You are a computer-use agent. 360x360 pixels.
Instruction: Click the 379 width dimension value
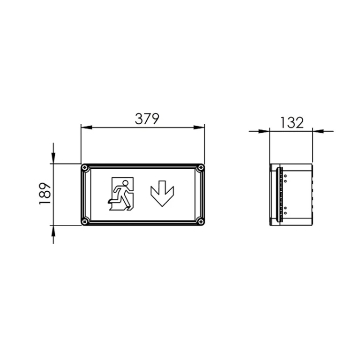click(x=147, y=119)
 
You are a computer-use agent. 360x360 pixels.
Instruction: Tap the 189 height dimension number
click(x=45, y=194)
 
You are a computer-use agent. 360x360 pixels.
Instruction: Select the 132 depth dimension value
click(x=292, y=123)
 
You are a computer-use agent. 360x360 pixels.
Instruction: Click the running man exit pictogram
click(x=122, y=194)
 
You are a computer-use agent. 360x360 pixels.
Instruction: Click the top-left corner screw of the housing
click(x=85, y=168)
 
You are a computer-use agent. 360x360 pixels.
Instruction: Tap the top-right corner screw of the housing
click(x=200, y=168)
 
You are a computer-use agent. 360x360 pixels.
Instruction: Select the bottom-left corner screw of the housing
click(x=85, y=221)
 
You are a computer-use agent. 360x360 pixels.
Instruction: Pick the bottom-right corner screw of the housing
click(x=200, y=221)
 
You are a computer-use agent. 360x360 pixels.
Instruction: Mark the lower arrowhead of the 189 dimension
click(x=53, y=230)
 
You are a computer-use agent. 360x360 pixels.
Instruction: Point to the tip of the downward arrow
click(x=162, y=205)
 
